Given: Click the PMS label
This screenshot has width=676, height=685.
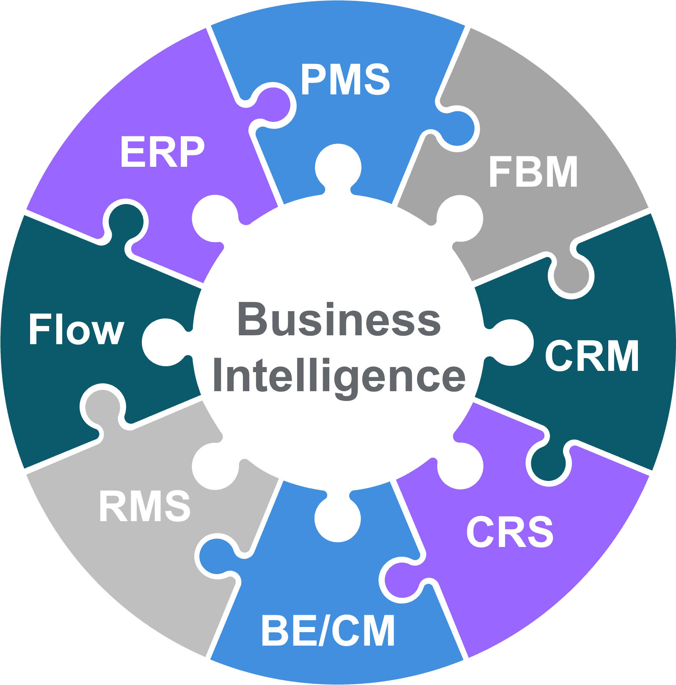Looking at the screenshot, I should click(345, 79).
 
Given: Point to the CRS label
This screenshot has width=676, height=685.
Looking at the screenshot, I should click(510, 532).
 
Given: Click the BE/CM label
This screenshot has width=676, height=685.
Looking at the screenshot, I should click(328, 631).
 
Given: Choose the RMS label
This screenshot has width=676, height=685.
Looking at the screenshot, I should click(144, 506).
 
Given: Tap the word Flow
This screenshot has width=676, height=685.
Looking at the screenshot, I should click(76, 329).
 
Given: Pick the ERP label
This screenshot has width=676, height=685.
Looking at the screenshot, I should click(162, 152).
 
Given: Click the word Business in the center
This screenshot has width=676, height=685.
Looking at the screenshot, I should click(339, 320).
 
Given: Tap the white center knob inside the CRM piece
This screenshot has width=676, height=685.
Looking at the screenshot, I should click(511, 342).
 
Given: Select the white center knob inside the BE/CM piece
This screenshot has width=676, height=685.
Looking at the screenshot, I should click(338, 518).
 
